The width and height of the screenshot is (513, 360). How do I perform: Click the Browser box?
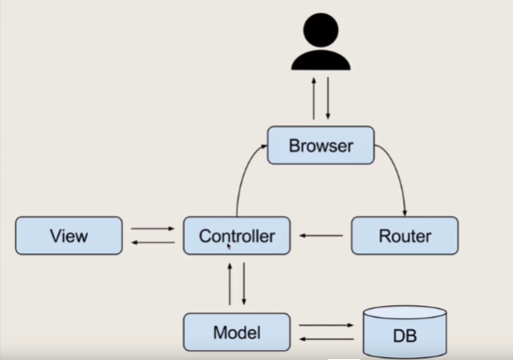pyautogui.click(x=321, y=146)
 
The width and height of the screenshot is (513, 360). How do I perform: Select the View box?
pyautogui.click(x=69, y=236)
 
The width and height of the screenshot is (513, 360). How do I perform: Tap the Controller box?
pyautogui.click(x=237, y=236)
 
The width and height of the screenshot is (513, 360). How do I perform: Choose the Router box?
pyautogui.click(x=404, y=236)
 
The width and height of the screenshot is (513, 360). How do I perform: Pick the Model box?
pyautogui.click(x=237, y=333)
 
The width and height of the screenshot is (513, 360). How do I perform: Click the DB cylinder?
pyautogui.click(x=404, y=332)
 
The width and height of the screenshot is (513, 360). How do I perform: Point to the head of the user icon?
pyautogui.click(x=321, y=30)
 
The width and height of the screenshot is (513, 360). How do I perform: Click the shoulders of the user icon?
pyautogui.click(x=321, y=60)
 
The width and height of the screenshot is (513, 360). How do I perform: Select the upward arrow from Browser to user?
pyautogui.click(x=313, y=99)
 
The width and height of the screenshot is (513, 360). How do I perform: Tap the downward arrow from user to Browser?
pyautogui.click(x=328, y=99)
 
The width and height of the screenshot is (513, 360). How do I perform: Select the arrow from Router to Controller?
pyautogui.click(x=321, y=236)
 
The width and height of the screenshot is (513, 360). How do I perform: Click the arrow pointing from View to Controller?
pyautogui.click(x=153, y=229)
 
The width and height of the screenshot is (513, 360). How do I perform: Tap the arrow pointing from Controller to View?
pyautogui.click(x=153, y=243)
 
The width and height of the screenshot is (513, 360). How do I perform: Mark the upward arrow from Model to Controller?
pyautogui.click(x=230, y=284)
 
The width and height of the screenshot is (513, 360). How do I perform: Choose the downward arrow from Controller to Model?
pyautogui.click(x=244, y=284)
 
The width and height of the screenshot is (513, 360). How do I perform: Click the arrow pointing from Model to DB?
pyautogui.click(x=326, y=325)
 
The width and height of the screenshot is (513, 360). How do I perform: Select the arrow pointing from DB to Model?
pyautogui.click(x=327, y=339)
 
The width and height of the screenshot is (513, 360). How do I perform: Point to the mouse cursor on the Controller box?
pyautogui.click(x=229, y=246)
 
